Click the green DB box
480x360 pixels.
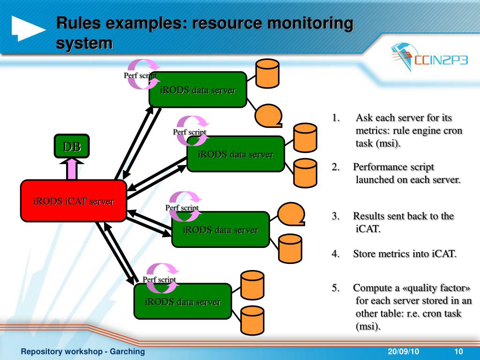pyautogui.click(x=71, y=146)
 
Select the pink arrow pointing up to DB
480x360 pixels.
pyautogui.click(x=72, y=169)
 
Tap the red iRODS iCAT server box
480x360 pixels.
pyautogui.click(x=74, y=201)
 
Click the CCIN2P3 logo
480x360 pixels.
pyautogui.click(x=429, y=58)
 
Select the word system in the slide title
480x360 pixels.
pyautogui.click(x=84, y=43)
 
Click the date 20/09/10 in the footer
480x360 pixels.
pyautogui.click(x=403, y=352)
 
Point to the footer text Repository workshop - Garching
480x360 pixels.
pyautogui.click(x=83, y=352)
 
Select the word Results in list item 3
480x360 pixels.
pyautogui.click(x=368, y=216)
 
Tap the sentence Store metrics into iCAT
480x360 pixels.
pyautogui.click(x=405, y=254)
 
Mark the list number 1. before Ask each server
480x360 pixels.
pyautogui.click(x=336, y=118)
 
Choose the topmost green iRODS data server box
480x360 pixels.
pyautogui.click(x=197, y=90)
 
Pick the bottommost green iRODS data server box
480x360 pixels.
pyautogui.click(x=182, y=301)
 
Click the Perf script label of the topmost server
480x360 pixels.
pyautogui.click(x=140, y=75)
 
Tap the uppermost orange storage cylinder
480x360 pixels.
pyautogui.click(x=267, y=73)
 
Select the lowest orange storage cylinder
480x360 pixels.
pyautogui.click(x=252, y=320)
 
